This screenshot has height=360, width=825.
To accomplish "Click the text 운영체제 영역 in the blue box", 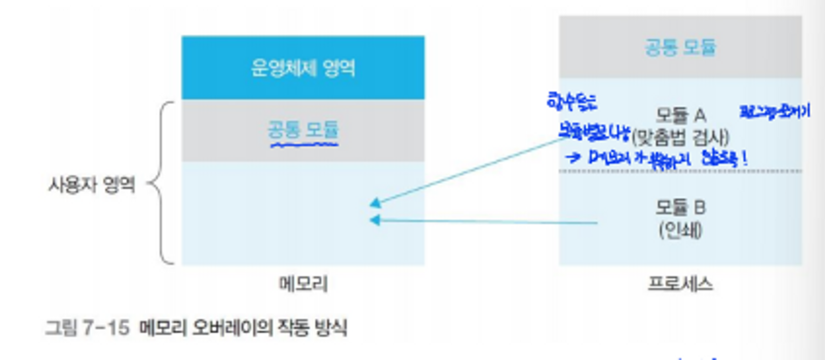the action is coord(302,68).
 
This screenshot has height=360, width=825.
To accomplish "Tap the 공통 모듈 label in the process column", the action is coord(680,47).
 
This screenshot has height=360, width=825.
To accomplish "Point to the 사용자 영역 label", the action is coord(92,185).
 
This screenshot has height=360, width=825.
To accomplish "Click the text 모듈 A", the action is coord(681,115).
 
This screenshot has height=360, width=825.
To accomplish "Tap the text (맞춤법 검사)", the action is coord(681,138).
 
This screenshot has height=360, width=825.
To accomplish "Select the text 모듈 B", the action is coord(680,207).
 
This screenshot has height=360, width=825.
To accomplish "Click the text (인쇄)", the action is coord(680,231).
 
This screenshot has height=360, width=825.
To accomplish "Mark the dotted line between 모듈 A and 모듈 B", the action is coord(680,171).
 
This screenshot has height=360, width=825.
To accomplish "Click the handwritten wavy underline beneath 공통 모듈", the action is coord(303,144).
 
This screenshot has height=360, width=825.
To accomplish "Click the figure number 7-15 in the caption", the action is coord(108,328).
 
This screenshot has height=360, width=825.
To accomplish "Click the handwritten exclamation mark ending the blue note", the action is coord(745,158).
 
